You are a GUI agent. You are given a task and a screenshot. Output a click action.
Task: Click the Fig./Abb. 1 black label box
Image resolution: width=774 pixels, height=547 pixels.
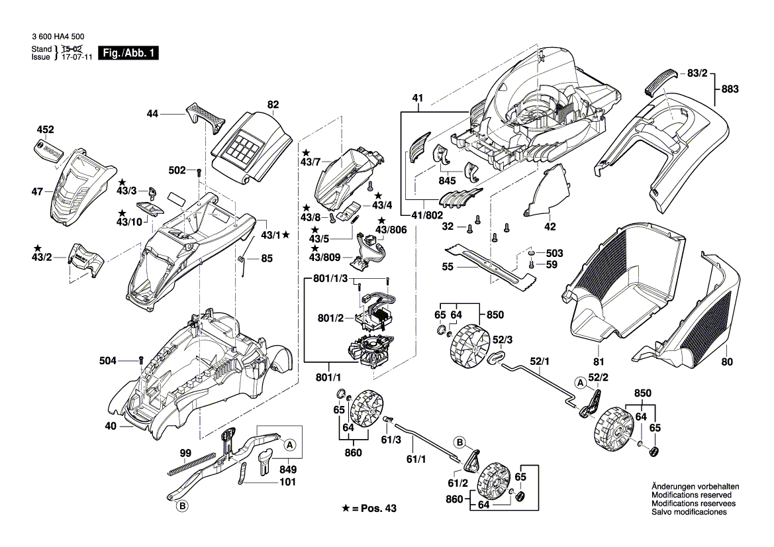(128, 53)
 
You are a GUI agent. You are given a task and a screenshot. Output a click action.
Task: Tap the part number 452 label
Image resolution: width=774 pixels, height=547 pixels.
(46, 130)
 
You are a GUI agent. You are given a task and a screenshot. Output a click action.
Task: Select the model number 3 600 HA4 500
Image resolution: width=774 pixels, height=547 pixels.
(58, 39)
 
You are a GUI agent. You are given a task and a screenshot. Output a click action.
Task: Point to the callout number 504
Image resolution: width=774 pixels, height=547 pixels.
(107, 361)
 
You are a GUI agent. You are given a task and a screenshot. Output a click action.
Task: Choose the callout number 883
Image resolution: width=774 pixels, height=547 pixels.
(730, 89)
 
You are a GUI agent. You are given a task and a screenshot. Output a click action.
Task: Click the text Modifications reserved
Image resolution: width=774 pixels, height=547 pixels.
(691, 495)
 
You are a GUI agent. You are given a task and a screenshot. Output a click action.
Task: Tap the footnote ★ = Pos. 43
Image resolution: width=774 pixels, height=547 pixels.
(371, 508)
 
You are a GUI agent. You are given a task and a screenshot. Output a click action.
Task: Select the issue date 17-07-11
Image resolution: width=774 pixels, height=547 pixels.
(74, 58)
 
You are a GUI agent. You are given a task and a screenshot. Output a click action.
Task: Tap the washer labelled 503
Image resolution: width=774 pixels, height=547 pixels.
(531, 254)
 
